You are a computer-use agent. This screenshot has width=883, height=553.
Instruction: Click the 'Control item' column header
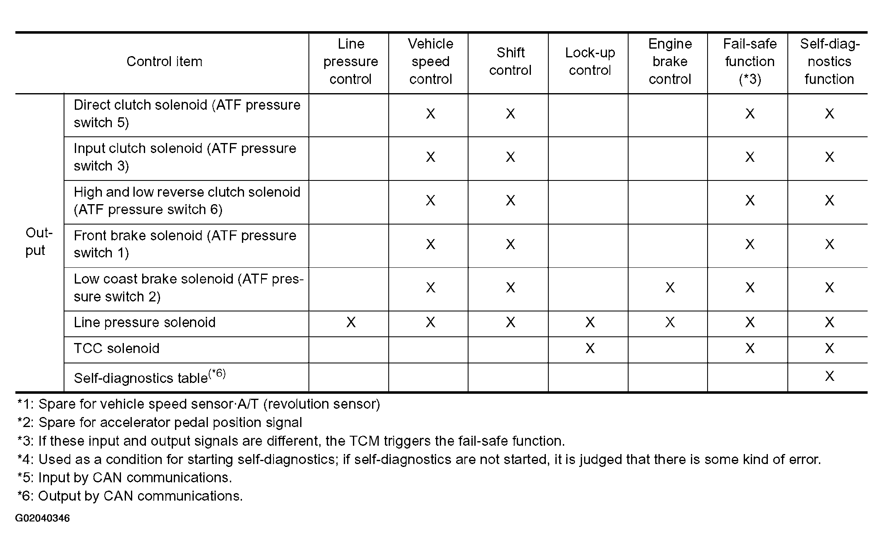coord(164,62)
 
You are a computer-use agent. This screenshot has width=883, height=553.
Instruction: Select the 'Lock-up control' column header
coord(589,62)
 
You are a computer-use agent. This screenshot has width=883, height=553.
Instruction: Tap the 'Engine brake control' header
coord(670,62)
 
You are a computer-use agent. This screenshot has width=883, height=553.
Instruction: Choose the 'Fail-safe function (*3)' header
coord(750,62)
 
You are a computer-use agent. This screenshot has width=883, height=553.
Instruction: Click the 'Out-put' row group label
coord(39,242)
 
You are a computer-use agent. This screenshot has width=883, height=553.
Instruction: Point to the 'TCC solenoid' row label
coord(117,348)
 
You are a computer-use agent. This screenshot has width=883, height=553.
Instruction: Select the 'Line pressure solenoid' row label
coord(145,323)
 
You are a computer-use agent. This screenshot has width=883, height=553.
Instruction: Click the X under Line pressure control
coord(350,322)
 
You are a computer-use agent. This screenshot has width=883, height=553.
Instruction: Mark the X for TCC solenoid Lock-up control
coord(589,348)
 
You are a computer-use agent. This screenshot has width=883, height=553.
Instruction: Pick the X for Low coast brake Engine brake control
coord(670,287)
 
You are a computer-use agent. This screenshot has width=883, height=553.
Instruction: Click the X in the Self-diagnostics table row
coord(829,376)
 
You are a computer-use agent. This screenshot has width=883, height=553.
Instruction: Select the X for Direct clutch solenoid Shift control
coord(510,114)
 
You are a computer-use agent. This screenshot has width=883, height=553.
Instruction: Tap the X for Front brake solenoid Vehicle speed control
coord(430,244)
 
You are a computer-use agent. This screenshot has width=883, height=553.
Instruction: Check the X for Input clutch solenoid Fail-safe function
coord(750,157)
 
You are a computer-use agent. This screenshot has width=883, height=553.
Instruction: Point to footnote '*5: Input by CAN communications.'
coord(125,478)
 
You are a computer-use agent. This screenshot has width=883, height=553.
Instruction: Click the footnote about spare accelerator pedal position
coord(160,422)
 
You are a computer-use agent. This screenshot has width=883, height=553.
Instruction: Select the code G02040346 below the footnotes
coord(42,518)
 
